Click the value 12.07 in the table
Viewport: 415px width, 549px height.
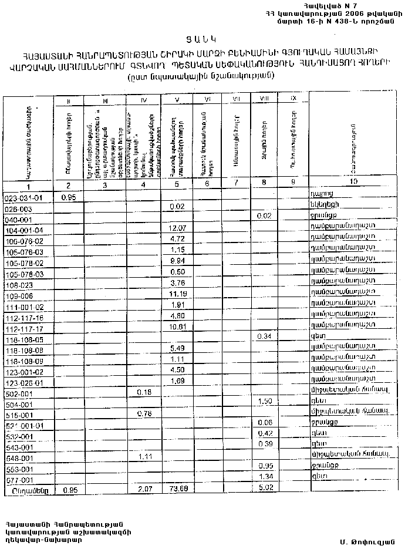tap(177, 228)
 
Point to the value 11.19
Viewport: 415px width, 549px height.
tap(177, 294)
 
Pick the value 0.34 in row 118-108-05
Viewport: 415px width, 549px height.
tap(266, 336)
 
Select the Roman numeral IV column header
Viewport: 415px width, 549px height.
tap(144, 101)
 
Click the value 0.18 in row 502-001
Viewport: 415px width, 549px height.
tap(144, 392)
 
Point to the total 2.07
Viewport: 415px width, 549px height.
tap(144, 489)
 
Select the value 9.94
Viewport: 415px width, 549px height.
tap(177, 261)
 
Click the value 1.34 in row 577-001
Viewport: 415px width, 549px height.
tap(266, 476)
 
